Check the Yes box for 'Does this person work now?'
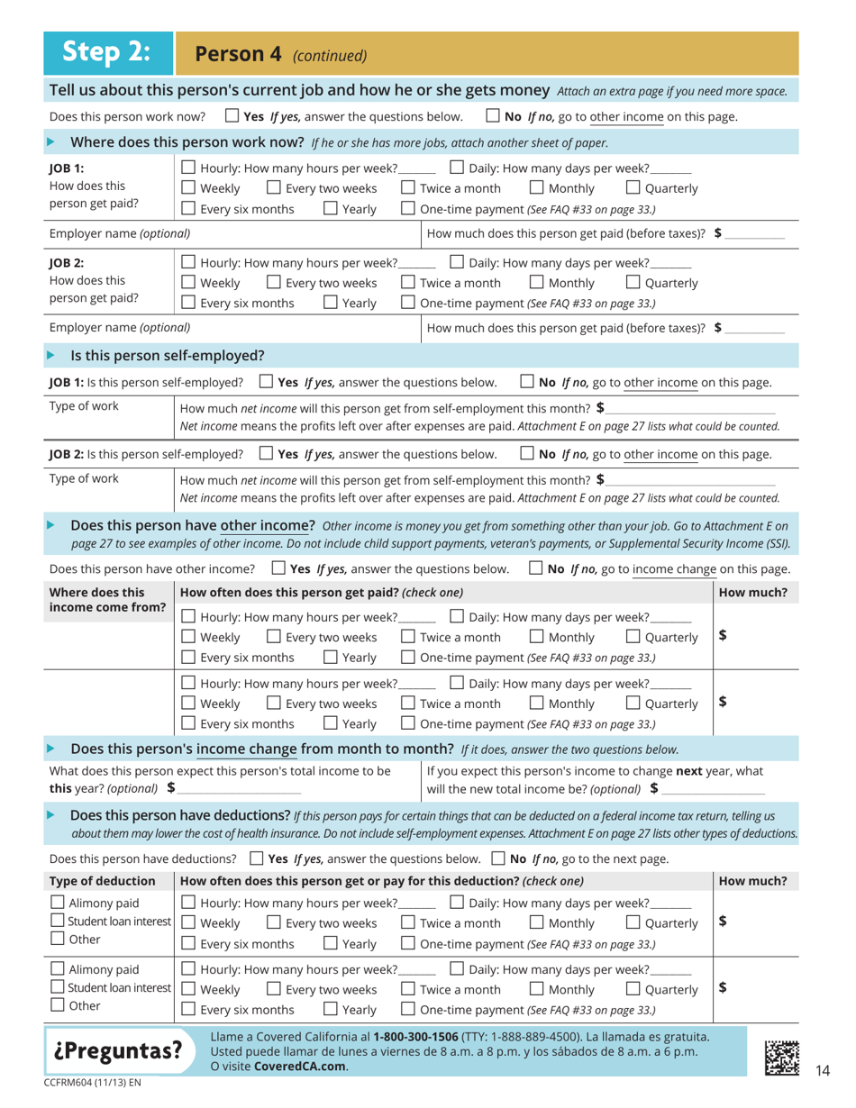tap(231, 116)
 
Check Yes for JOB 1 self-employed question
tap(266, 382)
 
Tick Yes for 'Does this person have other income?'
tap(278, 568)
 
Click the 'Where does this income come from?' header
tap(106, 600)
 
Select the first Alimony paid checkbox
tap(57, 903)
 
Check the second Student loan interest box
tap(57, 988)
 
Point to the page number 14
tap(821, 1069)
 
